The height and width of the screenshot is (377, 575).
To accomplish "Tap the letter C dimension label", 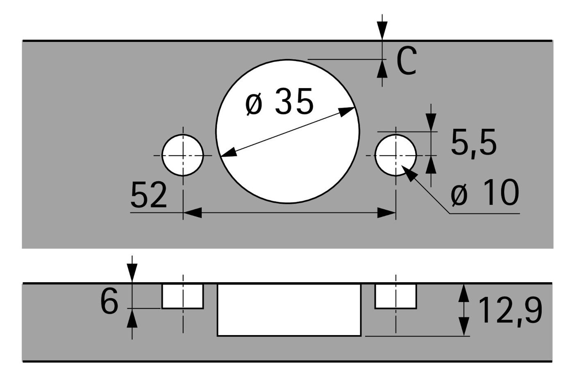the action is [x=406, y=61].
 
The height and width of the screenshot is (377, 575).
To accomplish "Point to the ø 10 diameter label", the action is [x=485, y=193].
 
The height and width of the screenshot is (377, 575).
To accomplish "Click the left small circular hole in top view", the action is [x=183, y=155].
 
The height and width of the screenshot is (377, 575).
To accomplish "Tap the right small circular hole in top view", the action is [x=395, y=155].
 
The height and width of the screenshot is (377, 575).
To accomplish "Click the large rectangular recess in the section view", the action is [x=289, y=310].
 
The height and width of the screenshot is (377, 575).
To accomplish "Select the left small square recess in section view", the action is [x=183, y=296].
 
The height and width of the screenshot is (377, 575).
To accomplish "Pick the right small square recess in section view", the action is [x=395, y=296].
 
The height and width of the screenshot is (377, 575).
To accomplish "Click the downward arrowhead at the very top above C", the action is [x=382, y=31].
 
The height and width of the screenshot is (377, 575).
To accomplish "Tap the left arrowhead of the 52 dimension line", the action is [x=192, y=213].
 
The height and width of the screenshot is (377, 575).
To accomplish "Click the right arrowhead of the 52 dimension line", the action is [x=386, y=213].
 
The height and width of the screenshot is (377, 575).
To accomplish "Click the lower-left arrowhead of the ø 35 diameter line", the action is [x=229, y=152].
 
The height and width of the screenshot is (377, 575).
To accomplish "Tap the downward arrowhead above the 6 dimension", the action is [x=132, y=273].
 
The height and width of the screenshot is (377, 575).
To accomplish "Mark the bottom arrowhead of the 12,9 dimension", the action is [x=464, y=327].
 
